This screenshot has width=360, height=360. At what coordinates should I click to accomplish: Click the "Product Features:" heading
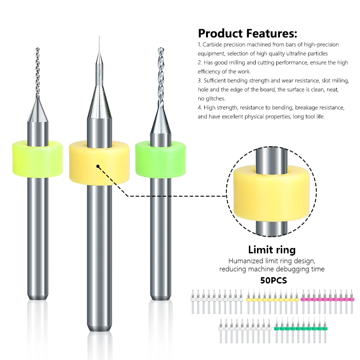(247, 33)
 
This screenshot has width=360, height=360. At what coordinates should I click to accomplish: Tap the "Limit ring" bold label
(272, 250)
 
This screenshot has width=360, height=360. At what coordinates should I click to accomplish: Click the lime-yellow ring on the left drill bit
(37, 153)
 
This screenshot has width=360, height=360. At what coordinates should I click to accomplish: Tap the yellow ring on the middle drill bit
(99, 164)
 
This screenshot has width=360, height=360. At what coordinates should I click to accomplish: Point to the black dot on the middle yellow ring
(98, 166)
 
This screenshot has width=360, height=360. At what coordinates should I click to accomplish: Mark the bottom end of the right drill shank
(160, 297)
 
